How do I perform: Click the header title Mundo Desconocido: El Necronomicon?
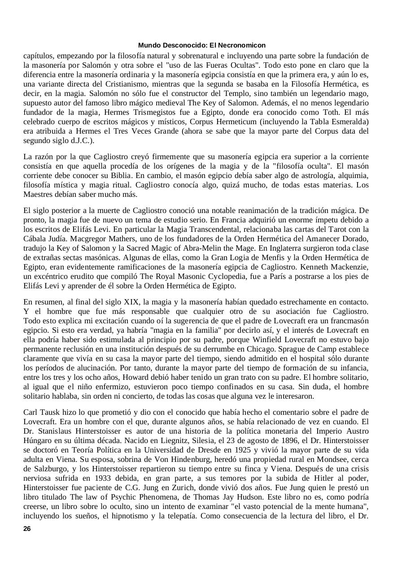click(x=201, y=45)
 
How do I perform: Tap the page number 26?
click(x=27, y=529)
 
